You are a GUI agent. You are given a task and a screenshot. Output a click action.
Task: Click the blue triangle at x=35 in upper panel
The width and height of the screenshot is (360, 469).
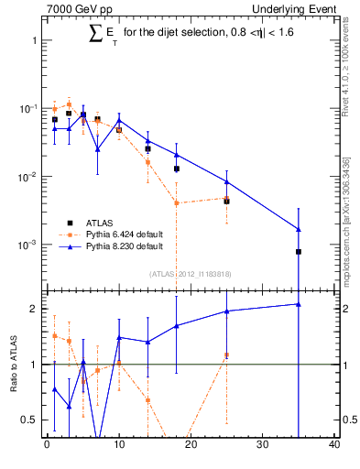299,229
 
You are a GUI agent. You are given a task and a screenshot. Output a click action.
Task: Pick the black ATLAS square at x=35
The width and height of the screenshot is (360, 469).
299,251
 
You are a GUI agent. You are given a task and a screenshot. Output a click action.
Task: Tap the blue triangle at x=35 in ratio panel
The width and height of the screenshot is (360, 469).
299,304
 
